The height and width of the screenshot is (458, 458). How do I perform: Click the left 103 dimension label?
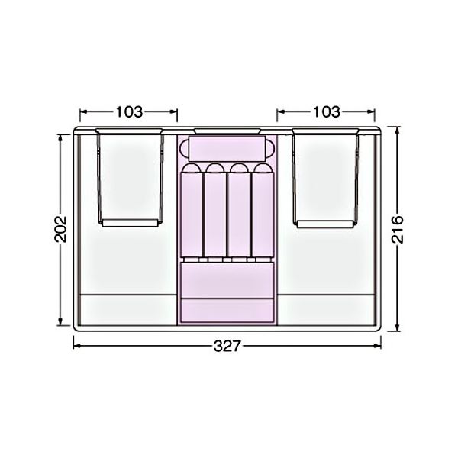130,112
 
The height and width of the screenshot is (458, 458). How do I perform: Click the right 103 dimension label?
327,112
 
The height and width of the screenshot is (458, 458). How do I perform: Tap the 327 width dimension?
227,347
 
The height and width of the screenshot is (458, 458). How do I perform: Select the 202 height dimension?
61,229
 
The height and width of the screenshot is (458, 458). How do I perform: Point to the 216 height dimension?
397,230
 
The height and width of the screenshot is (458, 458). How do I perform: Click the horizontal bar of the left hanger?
131,223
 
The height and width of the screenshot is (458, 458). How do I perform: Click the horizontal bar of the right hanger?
325,224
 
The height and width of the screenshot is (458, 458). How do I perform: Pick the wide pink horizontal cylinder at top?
227,148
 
